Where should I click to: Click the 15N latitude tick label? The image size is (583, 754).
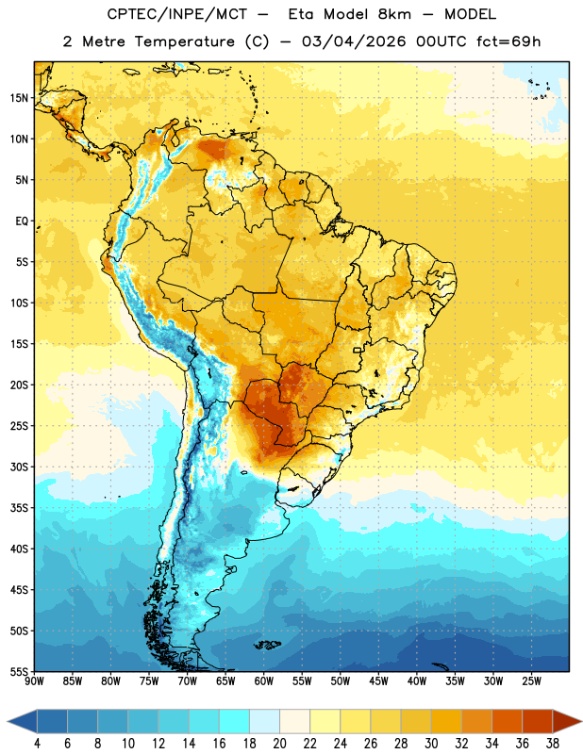click(x=19, y=98)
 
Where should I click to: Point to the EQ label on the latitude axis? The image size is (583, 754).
click(x=22, y=221)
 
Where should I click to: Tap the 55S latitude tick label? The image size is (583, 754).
click(x=19, y=671)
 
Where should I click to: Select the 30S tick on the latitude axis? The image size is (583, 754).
click(x=19, y=467)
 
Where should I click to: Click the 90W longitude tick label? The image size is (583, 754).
click(x=34, y=680)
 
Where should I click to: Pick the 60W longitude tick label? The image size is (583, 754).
click(x=264, y=680)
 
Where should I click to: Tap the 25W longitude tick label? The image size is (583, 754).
click(x=532, y=680)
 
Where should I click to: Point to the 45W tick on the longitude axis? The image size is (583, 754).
click(x=379, y=680)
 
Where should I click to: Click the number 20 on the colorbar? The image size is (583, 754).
click(x=279, y=744)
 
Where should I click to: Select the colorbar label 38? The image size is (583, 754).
click(x=553, y=744)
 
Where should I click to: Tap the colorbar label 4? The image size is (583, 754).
click(x=37, y=744)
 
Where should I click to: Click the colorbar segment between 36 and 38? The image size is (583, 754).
click(x=538, y=721)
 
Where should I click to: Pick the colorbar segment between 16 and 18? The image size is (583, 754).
click(x=235, y=721)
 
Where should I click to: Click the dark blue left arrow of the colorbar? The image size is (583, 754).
click(x=23, y=721)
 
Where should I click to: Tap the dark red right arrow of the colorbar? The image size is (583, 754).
click(x=567, y=721)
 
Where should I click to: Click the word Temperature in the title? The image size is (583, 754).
click(x=184, y=41)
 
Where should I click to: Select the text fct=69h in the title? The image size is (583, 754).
click(x=508, y=41)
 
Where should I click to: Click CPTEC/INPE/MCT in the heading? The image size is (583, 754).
click(x=177, y=14)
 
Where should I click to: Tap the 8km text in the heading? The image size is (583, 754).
click(x=395, y=14)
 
